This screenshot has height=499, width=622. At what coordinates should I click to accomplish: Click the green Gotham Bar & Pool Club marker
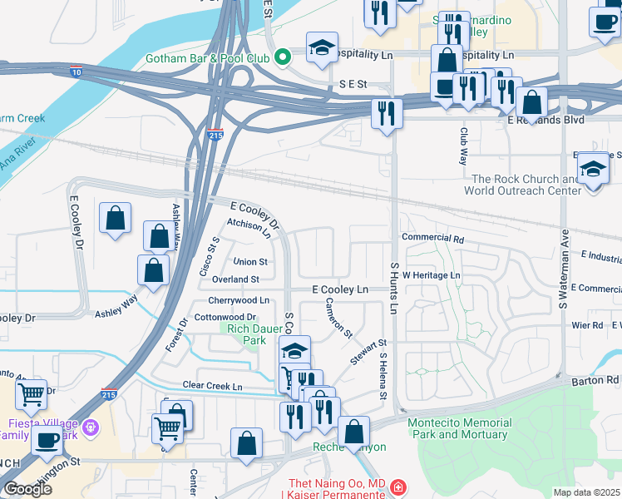284,57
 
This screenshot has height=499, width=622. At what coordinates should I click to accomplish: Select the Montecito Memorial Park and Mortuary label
458,428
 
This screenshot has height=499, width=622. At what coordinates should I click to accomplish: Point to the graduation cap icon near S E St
322,48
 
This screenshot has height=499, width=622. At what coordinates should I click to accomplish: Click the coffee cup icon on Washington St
47,442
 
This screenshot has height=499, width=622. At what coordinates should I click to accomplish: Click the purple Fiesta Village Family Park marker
91,428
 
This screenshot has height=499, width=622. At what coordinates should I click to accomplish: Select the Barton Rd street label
596,380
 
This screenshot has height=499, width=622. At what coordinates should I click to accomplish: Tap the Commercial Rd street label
432,237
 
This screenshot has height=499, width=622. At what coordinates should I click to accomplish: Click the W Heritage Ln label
432,274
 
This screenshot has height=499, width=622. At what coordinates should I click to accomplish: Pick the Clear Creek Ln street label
213,387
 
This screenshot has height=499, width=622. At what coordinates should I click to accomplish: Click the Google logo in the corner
27,489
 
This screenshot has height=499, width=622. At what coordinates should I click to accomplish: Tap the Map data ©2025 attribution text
587,492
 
